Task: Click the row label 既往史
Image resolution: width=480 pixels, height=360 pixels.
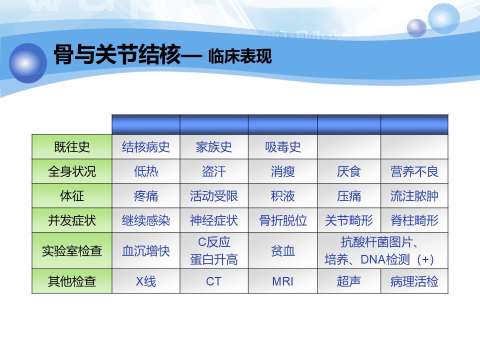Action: point(72,147)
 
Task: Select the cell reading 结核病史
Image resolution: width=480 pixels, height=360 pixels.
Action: point(146,147)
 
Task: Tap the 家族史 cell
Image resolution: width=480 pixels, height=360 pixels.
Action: point(214,147)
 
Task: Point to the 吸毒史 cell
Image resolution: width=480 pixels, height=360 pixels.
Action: point(283,147)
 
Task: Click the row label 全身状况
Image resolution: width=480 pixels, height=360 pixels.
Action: point(72,171)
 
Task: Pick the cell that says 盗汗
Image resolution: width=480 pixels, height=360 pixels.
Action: point(214,171)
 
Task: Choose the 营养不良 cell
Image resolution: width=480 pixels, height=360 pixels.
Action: point(414,171)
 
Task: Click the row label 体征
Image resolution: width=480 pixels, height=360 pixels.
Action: point(72,196)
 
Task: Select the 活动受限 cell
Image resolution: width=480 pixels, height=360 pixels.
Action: point(214,196)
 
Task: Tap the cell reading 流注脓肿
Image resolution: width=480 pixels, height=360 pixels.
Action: point(414,196)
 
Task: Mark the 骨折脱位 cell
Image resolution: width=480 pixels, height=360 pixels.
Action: point(283,220)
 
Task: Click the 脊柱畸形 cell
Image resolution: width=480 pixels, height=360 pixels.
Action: point(414,220)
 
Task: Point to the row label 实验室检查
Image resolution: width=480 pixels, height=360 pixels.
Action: point(72,250)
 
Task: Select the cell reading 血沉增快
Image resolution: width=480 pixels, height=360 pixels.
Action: point(146,250)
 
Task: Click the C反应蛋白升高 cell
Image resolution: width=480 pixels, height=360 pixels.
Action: point(214,250)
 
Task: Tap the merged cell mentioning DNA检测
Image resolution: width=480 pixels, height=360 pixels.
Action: point(382,250)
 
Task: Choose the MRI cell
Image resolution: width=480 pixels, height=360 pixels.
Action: point(283,281)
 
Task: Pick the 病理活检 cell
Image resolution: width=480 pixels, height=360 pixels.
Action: point(414,281)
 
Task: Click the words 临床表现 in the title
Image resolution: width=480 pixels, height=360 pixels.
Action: point(240,56)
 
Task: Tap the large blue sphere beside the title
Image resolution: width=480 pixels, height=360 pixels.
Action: point(28,63)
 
